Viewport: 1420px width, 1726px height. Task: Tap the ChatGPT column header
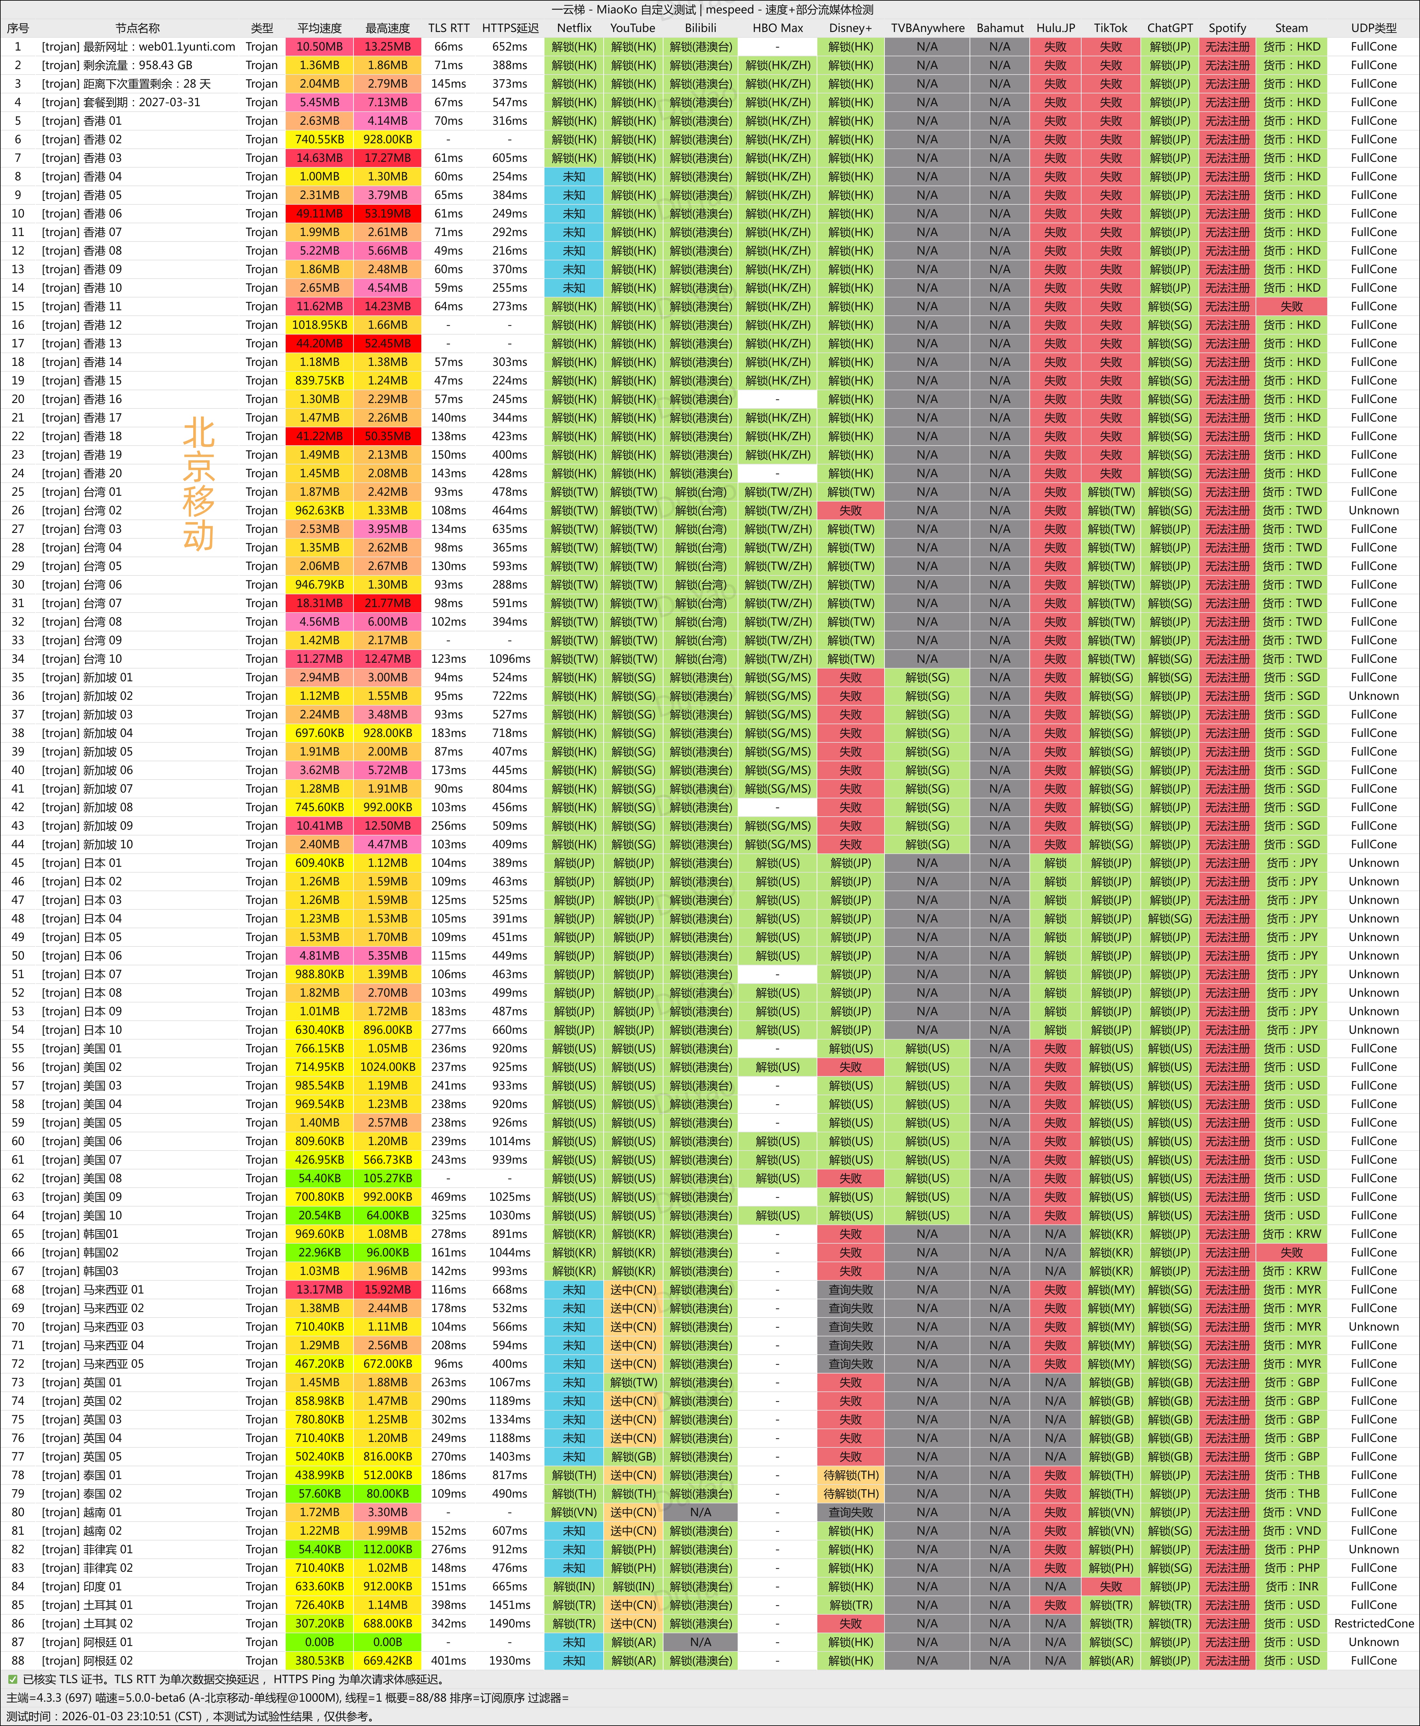[x=1170, y=28]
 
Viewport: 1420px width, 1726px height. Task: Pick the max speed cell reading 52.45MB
[x=387, y=344]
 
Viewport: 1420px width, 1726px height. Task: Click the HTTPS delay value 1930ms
[x=510, y=1660]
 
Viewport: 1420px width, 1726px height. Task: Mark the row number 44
[x=18, y=844]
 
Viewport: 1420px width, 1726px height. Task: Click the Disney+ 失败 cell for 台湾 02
[x=851, y=511]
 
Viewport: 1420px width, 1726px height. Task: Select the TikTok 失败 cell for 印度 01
[x=1110, y=1586]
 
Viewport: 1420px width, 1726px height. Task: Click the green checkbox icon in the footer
[x=12, y=1679]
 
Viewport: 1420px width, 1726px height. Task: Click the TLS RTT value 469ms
[x=448, y=1197]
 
